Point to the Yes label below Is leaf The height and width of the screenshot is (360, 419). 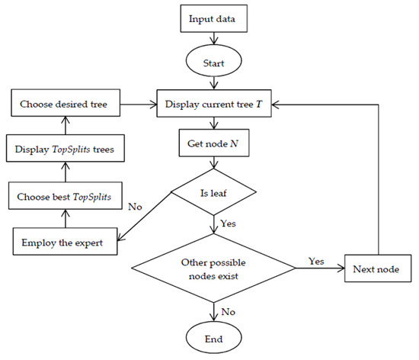(225, 225)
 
